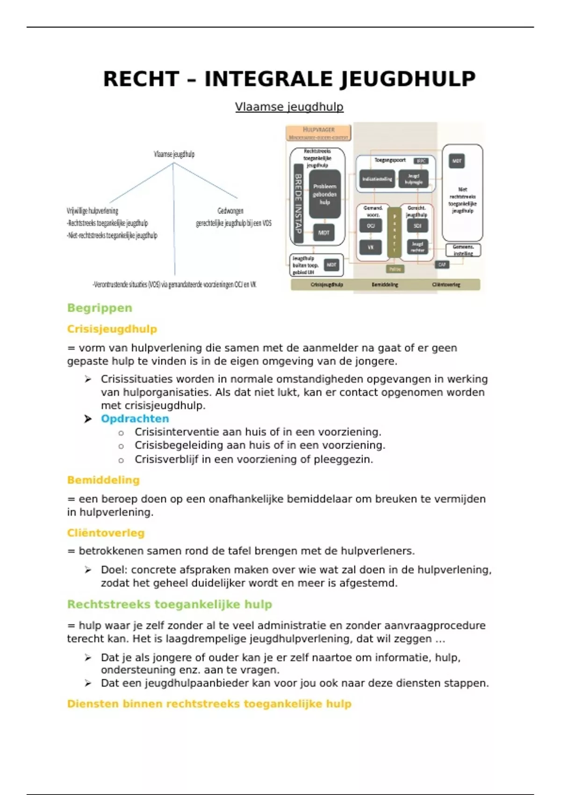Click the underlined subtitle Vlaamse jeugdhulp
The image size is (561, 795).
coord(289,107)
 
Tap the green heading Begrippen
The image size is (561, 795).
coord(100,308)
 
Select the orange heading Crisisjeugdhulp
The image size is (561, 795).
coord(112,329)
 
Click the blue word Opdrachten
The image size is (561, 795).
coord(135,419)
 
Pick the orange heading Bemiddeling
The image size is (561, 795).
coord(103,480)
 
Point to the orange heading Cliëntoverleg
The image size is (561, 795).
coord(106,533)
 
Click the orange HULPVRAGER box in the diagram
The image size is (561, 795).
coord(318,133)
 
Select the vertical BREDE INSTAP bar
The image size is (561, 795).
coord(298,203)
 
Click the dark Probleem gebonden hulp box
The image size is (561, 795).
coord(324,194)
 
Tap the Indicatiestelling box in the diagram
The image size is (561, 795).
coord(377,179)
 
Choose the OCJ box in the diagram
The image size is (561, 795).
coord(371,225)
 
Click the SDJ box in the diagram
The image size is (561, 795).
coord(417,225)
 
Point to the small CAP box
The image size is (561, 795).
coord(442,265)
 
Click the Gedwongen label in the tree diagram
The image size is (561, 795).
coord(230,211)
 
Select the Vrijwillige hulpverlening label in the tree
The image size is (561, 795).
coord(93,211)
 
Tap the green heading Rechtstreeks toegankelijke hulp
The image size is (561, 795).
coord(169,605)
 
